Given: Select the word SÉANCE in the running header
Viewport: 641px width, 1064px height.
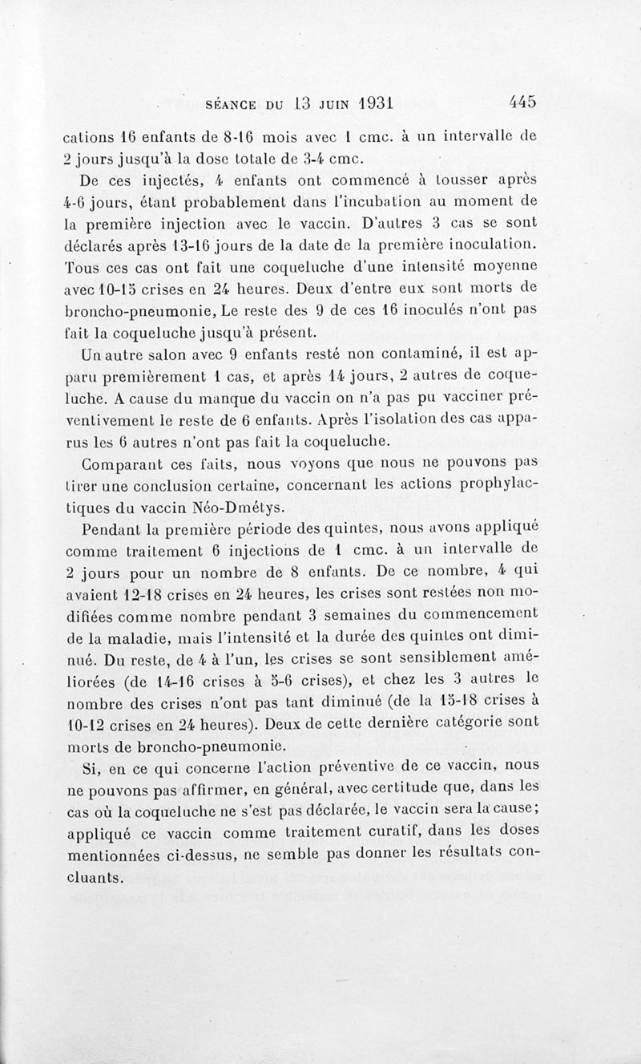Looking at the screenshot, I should tap(238, 103).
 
